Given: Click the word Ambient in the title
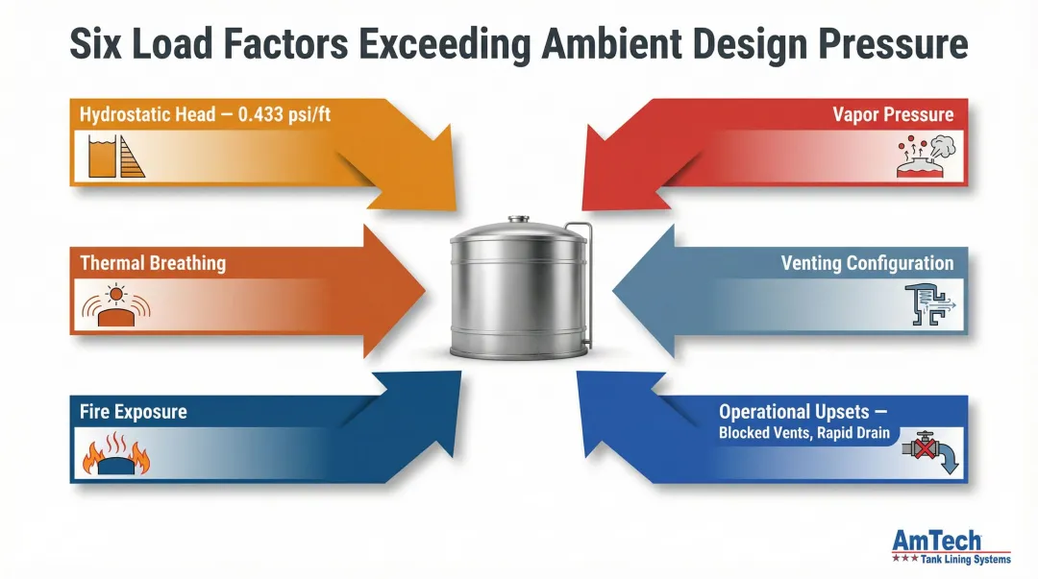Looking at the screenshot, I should click(x=596, y=45).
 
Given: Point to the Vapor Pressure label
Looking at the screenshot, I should click(x=894, y=114).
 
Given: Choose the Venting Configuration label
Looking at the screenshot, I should click(x=868, y=263).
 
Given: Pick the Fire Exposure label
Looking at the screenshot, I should click(x=134, y=412).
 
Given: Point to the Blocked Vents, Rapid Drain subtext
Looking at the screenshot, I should click(x=806, y=433).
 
